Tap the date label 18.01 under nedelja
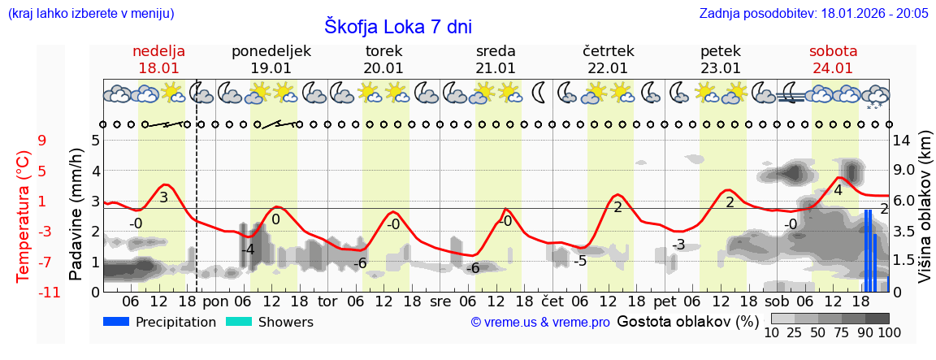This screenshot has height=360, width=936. click(160, 68)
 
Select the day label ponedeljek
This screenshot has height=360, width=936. click(271, 51)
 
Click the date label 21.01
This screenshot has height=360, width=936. click(496, 68)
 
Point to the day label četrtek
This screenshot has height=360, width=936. click(609, 51)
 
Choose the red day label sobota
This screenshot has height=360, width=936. click(833, 51)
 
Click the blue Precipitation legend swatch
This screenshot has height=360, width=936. click(116, 322)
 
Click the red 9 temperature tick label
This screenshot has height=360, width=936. click(42, 141)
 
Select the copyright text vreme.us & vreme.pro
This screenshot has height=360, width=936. click(540, 323)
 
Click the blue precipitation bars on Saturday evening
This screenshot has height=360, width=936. click(869, 252)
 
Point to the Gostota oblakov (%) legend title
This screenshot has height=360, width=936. click(686, 321)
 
